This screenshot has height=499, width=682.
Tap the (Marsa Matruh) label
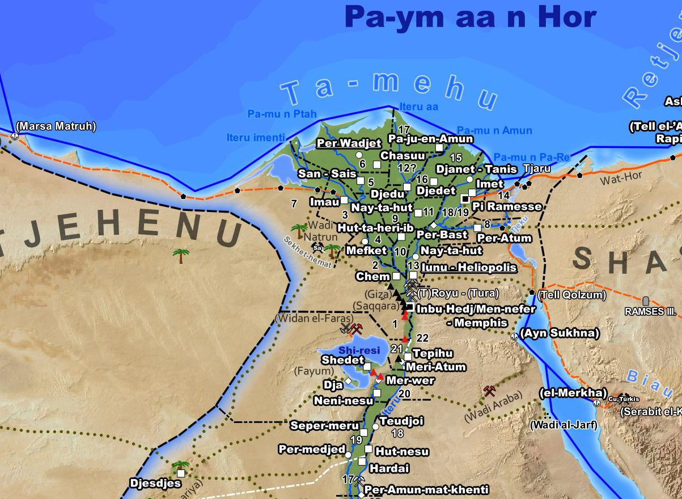56,126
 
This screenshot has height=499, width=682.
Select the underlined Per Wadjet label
349,143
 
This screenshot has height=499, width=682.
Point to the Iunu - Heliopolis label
469,267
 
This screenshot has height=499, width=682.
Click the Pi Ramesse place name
507,206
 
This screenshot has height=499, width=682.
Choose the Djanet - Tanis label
476,169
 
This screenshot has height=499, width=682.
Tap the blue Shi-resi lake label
359,350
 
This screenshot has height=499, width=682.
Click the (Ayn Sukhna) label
559,333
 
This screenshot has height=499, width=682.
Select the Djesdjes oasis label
155,484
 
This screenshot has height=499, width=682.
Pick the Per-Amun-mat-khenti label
426,489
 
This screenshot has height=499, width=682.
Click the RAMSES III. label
651,311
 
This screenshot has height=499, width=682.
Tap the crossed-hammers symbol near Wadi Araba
490,391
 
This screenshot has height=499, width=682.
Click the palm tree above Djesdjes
180,466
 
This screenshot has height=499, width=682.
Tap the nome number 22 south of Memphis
422,338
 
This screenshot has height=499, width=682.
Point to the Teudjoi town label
401,421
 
